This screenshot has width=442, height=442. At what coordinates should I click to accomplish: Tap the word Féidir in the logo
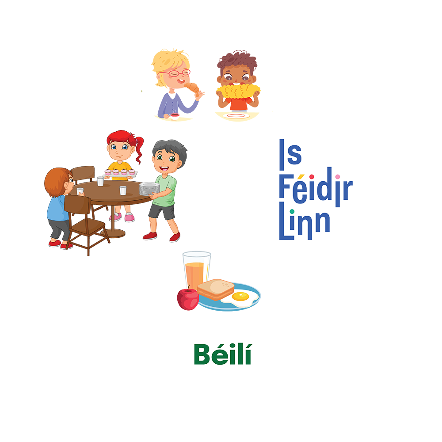[x=316, y=188]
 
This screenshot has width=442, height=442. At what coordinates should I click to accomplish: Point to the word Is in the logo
[x=290, y=153]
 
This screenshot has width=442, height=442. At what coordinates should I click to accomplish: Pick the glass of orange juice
[x=197, y=271]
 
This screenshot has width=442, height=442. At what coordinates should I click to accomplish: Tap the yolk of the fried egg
[x=241, y=296]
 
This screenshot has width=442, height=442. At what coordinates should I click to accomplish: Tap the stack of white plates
[x=149, y=189]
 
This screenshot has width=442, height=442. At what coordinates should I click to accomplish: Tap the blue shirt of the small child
[x=56, y=208]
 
